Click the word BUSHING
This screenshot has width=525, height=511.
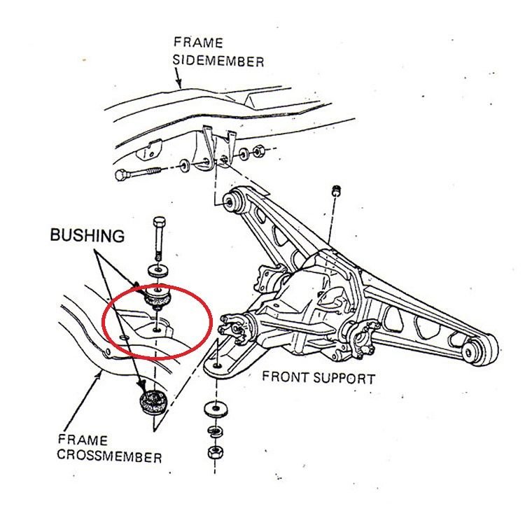pos(87,236)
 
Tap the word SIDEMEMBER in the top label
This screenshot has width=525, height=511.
pos(219,62)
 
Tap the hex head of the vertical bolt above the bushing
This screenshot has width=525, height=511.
pos(158,223)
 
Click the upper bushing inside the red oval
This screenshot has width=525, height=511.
pos(158,297)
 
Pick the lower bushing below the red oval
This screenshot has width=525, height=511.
pos(150,402)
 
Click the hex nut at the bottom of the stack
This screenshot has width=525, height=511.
pos(213,451)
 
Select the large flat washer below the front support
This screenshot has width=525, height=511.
pos(211,409)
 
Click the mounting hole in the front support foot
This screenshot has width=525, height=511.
pos(218,365)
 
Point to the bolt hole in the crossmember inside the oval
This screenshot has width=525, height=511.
pos(157,325)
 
